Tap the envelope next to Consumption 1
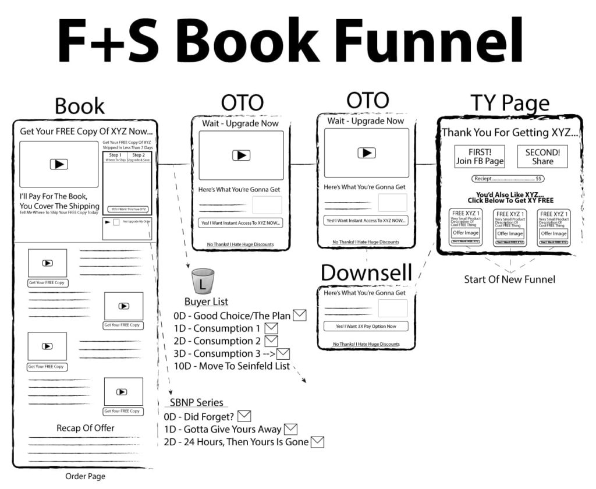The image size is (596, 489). [271, 328]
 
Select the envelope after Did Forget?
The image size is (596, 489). [244, 416]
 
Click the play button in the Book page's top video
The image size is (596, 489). [59, 164]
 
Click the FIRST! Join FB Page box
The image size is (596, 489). [480, 157]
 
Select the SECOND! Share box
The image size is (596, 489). [542, 157]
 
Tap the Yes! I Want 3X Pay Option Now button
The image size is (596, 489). [366, 326]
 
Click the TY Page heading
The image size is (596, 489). [510, 103]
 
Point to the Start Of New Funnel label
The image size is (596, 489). [509, 279]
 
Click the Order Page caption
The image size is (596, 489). [85, 476]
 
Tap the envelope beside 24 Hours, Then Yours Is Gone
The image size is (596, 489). [317, 442]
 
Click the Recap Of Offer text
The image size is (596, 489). [85, 428]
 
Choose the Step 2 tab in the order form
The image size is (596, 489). [139, 157]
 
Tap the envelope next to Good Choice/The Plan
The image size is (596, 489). [300, 316]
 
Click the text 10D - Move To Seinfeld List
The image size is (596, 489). [231, 366]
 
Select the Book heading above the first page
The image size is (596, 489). [80, 106]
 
